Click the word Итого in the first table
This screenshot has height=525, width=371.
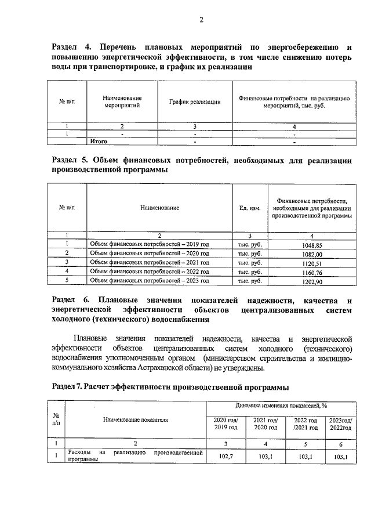tap(99, 141)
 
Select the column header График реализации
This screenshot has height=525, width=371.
tap(195, 102)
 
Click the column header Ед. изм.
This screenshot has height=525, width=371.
tap(250, 207)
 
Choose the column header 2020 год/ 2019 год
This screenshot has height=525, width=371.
tap(225, 423)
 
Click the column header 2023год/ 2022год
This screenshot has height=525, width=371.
tap(340, 423)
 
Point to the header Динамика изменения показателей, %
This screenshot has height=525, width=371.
tap(281, 405)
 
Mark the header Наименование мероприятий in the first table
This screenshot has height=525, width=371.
tap(122, 102)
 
